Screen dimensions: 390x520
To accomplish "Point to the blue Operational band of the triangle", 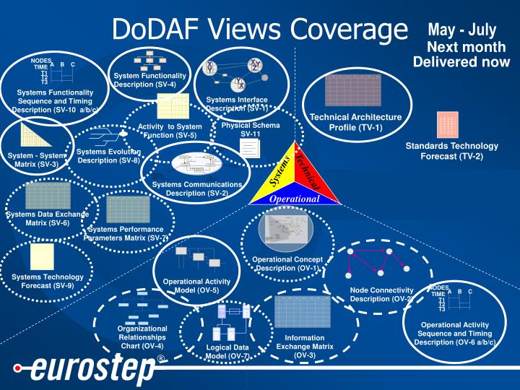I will (x=294, y=199).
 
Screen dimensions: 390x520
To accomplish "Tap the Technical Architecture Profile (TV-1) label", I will (x=355, y=122).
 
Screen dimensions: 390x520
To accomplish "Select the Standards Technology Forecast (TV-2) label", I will (x=444, y=150).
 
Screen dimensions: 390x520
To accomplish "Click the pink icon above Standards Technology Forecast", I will (x=447, y=125).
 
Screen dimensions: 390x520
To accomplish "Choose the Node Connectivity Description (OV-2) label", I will (x=381, y=295).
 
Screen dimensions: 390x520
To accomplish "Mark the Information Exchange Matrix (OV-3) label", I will (x=305, y=347).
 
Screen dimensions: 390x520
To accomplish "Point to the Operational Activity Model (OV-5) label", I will (x=196, y=286).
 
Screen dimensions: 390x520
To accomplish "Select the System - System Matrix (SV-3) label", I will (x=35, y=160).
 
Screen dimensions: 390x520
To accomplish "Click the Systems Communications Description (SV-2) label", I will (x=196, y=188).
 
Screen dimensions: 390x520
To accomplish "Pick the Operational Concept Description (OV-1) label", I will (x=287, y=264).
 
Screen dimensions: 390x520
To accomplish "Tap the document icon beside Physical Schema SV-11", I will (x=249, y=148).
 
